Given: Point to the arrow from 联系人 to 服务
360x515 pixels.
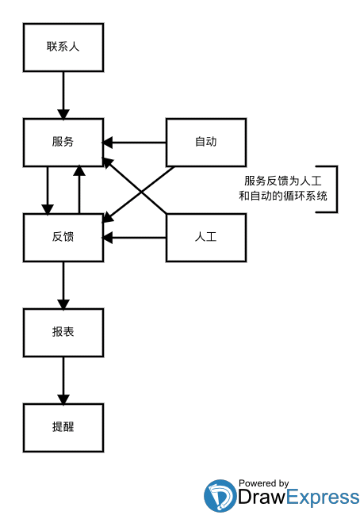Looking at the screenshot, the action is point(63,95).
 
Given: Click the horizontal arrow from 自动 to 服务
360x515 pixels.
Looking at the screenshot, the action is point(135,143).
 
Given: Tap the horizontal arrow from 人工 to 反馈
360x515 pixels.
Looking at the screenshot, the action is point(135,238).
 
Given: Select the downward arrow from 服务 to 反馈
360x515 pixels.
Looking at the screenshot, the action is point(48,190).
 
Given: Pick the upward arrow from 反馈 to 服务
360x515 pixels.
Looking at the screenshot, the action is point(79,189).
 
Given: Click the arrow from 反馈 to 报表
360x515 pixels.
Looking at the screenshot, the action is point(63,286).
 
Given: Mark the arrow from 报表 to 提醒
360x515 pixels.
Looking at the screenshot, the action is point(63,380).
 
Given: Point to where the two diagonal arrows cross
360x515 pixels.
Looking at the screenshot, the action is point(141,192).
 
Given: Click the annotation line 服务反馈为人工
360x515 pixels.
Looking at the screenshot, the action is point(283,181).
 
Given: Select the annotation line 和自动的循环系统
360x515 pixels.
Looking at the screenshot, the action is point(283,196).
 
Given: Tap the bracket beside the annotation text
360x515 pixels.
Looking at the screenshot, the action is point(337,189).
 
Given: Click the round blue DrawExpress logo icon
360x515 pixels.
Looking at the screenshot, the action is point(220,495).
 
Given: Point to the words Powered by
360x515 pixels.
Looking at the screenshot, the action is point(264,483).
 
